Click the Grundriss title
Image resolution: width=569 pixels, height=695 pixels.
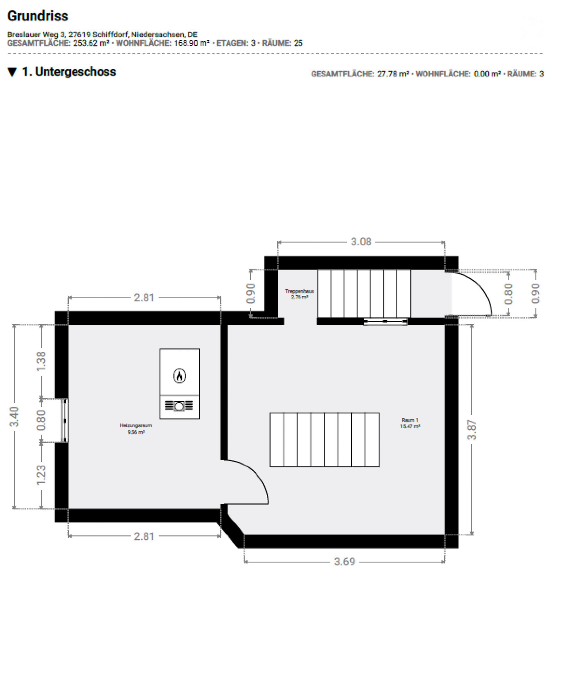[38, 16]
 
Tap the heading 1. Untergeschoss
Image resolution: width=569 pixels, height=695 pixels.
[69, 72]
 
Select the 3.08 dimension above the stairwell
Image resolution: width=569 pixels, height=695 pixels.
[361, 242]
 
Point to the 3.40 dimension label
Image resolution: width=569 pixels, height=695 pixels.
[14, 416]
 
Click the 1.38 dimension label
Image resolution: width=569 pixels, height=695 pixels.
[41, 361]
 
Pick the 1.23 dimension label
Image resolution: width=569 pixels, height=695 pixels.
[41, 475]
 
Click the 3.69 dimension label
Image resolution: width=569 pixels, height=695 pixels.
[345, 562]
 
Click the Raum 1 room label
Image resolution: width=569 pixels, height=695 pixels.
[410, 423]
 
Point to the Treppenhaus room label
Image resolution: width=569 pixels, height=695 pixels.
[299, 293]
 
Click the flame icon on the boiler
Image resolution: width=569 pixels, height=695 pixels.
[179, 376]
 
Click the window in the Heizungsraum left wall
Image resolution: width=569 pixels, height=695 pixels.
[65, 421]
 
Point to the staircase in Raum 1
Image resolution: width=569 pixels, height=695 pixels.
[324, 440]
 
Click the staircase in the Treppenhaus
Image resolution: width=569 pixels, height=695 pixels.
[364, 293]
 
